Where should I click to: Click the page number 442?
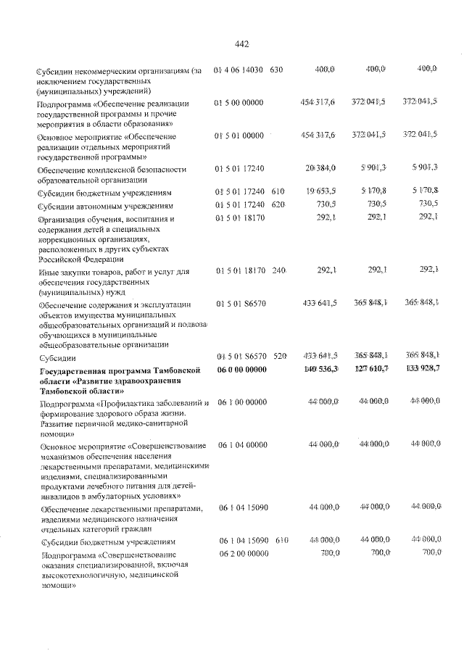point(242,44)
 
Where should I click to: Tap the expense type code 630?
point(276,70)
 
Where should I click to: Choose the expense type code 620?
point(276,205)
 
